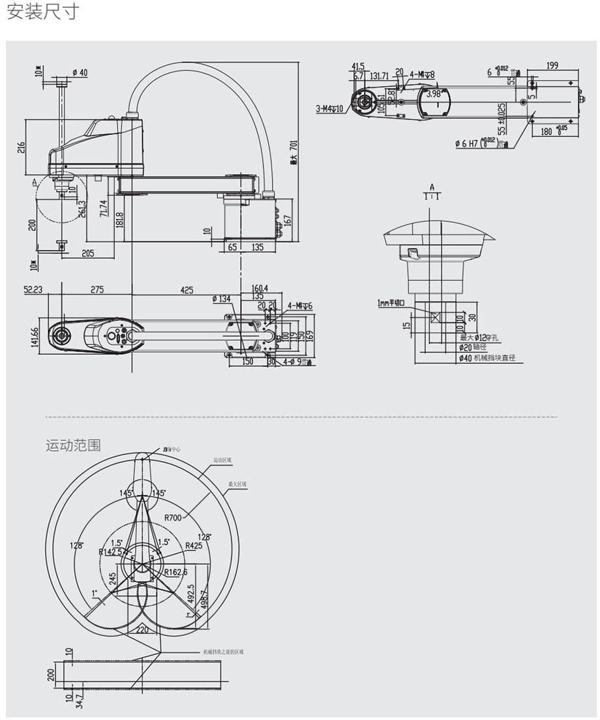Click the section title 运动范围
pyautogui.click(x=73, y=445)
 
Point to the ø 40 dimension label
pyautogui.click(x=80, y=72)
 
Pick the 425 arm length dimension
pyautogui.click(x=187, y=290)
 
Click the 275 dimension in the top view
pyautogui.click(x=97, y=290)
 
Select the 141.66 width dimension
pyautogui.click(x=35, y=337)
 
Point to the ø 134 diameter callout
pyautogui.click(x=221, y=299)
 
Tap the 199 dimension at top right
pyautogui.click(x=552, y=65)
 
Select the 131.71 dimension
pyautogui.click(x=380, y=76)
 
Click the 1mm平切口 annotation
pyautogui.click(x=392, y=303)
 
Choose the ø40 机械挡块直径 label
pyautogui.click(x=486, y=357)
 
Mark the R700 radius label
pyautogui.click(x=173, y=518)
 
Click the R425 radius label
pyautogui.click(x=193, y=546)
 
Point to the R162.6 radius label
pyautogui.click(x=175, y=573)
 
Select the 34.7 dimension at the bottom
pyautogui.click(x=80, y=701)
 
